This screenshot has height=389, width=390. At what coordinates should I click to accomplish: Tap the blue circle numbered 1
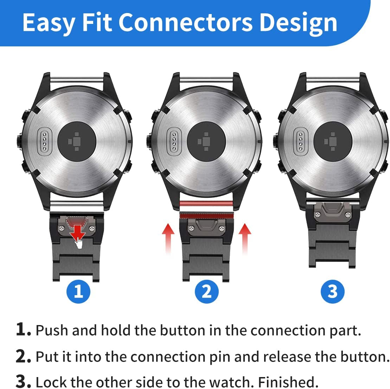(x=78, y=291)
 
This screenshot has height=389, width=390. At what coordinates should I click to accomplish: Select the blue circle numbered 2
(x=207, y=291)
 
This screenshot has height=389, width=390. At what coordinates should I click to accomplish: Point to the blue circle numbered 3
(x=333, y=291)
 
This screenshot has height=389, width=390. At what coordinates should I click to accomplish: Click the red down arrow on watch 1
(x=77, y=232)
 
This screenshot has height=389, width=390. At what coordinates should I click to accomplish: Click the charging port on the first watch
(x=45, y=140)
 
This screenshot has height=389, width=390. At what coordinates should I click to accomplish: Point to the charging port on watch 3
(x=301, y=140)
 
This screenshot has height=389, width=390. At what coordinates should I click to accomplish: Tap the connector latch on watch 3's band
(x=333, y=211)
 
